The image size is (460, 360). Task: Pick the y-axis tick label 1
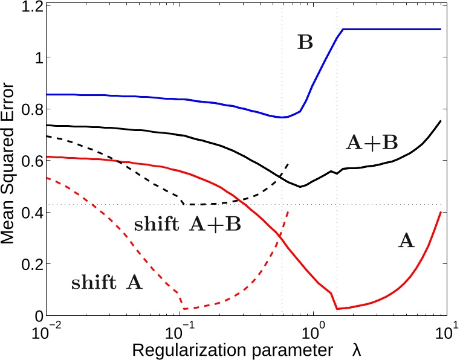point(37,58)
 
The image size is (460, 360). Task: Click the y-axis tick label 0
point(37,316)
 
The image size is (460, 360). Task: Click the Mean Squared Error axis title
point(10,162)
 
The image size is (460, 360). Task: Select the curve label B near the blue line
point(306,42)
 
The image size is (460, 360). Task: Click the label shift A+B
point(187,225)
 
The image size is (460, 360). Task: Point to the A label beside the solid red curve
point(406,242)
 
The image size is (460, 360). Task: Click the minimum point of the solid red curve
point(337,309)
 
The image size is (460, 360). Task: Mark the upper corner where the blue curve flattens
point(343,29)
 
